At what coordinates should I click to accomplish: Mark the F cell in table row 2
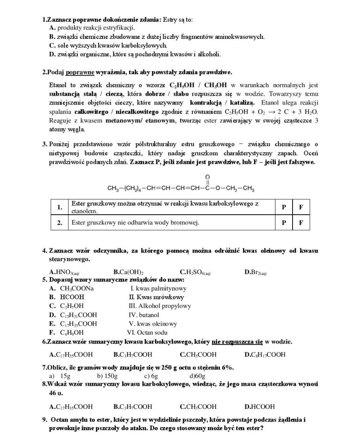pos(301,222)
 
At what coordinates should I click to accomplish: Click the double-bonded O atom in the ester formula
pos(208,177)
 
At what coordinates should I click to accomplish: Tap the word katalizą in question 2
pos(242,103)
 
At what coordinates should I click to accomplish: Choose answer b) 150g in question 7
pos(108,376)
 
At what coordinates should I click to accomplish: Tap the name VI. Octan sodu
pos(147,332)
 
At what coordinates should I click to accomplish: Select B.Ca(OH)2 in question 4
pos(128,271)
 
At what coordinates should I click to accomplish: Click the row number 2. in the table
pos(60,222)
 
